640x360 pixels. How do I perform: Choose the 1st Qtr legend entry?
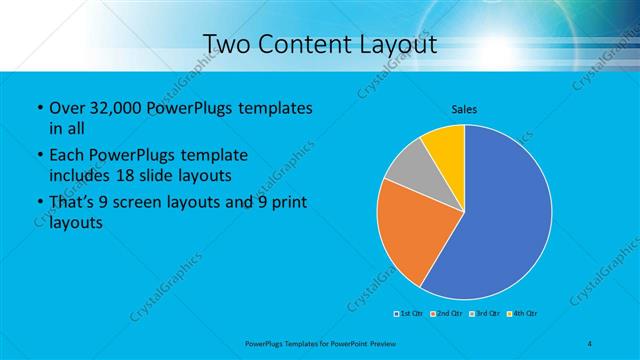pyautogui.click(x=409, y=314)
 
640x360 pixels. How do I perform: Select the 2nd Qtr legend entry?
pyautogui.click(x=447, y=314)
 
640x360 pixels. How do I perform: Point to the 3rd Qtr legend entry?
pyautogui.click(x=485, y=314)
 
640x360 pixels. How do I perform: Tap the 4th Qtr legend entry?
pyautogui.click(x=523, y=314)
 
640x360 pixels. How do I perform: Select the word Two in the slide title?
pyautogui.click(x=225, y=45)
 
